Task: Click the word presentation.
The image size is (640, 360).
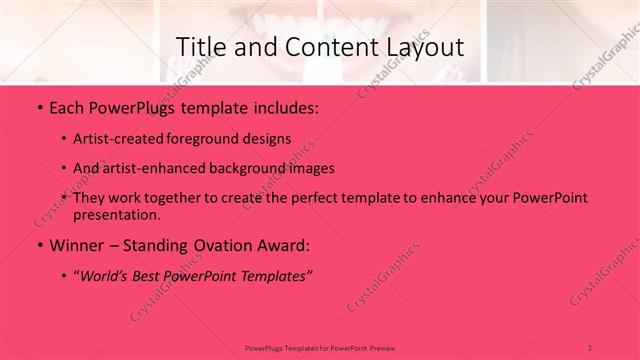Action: tap(116, 214)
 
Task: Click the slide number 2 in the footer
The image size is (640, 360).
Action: tap(590, 346)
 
